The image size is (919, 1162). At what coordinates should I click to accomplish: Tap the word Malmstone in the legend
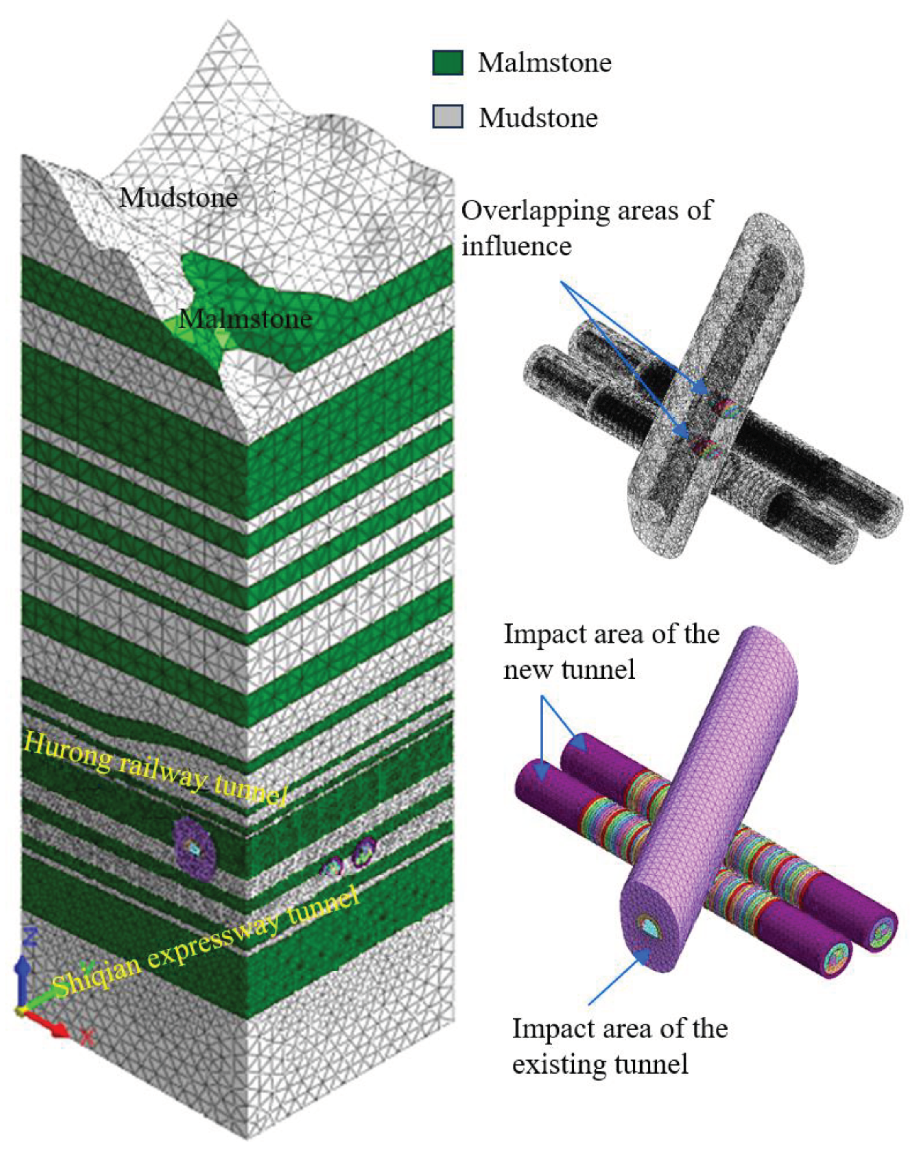point(545,63)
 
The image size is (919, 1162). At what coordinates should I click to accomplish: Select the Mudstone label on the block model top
point(178,198)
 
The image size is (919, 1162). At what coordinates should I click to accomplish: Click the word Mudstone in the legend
point(538,118)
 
